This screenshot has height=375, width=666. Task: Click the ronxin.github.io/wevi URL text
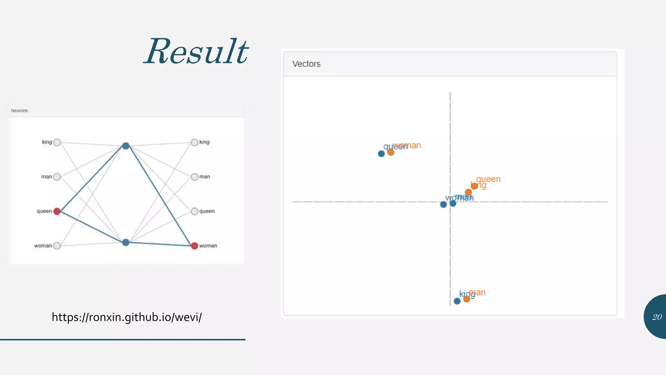click(127, 317)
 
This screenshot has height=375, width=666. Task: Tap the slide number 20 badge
click(657, 317)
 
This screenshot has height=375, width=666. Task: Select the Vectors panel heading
click(306, 64)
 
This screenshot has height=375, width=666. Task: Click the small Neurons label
click(19, 111)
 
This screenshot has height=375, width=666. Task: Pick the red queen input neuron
click(57, 211)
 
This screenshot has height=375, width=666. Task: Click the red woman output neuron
click(194, 246)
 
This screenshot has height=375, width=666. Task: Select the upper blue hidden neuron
click(126, 146)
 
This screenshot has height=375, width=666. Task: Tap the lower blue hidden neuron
click(126, 242)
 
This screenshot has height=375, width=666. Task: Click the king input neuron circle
click(57, 142)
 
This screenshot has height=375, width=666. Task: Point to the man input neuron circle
click(57, 177)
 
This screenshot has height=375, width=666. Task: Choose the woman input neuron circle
click(57, 246)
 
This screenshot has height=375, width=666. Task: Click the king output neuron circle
click(194, 142)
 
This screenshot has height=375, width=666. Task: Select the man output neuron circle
click(194, 177)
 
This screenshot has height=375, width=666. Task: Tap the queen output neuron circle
click(194, 211)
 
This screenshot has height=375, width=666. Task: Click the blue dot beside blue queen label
click(381, 154)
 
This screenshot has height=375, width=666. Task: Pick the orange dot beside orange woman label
click(391, 152)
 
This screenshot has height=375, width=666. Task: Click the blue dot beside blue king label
click(457, 301)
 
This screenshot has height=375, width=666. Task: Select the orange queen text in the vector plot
click(488, 179)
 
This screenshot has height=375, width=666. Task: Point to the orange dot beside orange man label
click(467, 299)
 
